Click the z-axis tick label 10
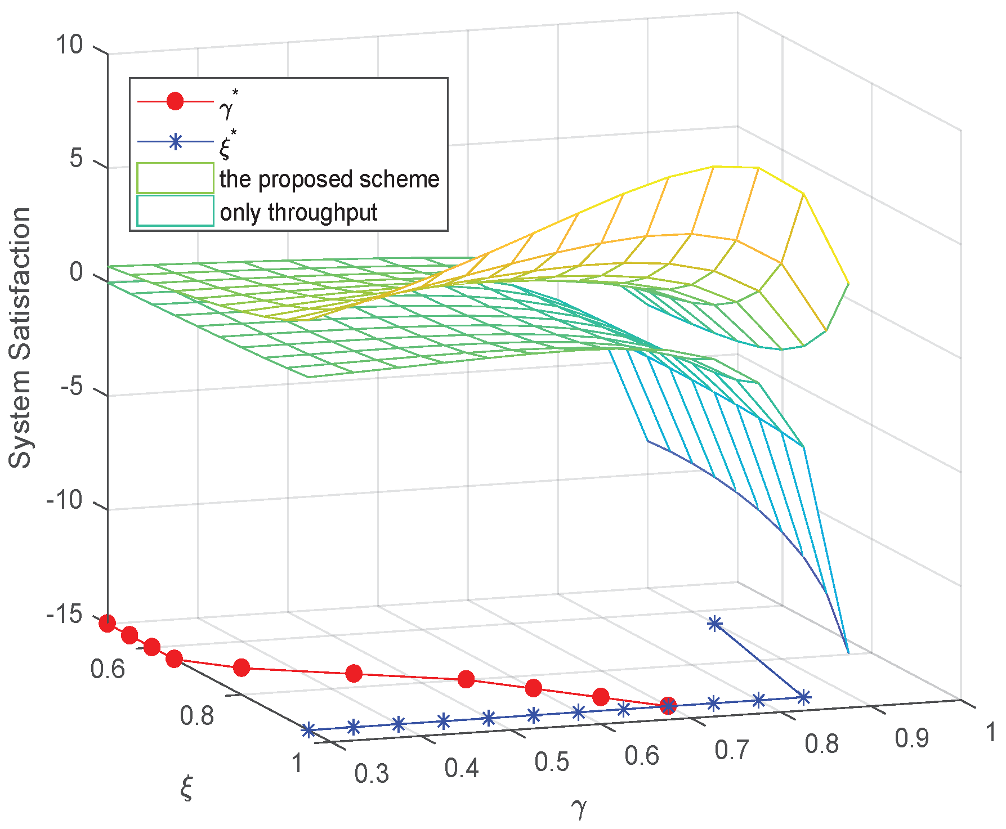coord(69,44)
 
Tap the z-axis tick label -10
coord(64,500)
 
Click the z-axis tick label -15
coord(64,614)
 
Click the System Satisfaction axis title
coord(20,338)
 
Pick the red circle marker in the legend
coord(175,101)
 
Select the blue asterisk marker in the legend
coord(175,142)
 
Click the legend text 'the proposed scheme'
coord(329,179)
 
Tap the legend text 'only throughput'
coord(298,213)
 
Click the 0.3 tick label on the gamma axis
coord(372,774)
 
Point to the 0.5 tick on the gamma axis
coord(552,761)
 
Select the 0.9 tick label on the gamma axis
coord(911,738)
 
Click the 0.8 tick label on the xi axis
coord(197,715)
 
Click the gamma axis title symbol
coord(579,809)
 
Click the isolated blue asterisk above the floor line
coord(714,623)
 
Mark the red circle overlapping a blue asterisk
coord(668,705)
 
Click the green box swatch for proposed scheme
coord(175,178)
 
